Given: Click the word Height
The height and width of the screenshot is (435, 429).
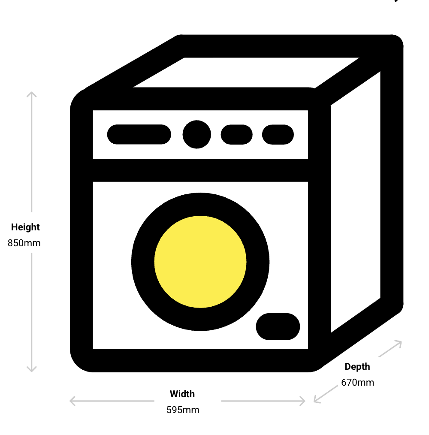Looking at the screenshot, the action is click(x=25, y=227).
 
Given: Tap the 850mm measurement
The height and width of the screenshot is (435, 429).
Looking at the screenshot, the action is click(x=24, y=243).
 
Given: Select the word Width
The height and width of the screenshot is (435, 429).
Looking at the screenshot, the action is click(x=182, y=394).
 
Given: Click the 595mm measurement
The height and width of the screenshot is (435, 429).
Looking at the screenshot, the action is click(x=183, y=410).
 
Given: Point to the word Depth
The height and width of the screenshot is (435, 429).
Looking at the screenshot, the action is click(x=357, y=367).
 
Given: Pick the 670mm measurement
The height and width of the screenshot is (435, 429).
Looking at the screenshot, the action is click(x=357, y=383).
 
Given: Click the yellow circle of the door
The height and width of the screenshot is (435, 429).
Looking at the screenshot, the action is click(x=200, y=262).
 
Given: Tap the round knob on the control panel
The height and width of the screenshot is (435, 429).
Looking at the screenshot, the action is click(x=197, y=134).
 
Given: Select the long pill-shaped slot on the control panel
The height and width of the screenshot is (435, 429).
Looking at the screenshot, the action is click(x=139, y=134).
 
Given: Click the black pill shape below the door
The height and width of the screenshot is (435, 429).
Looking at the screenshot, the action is click(x=278, y=326).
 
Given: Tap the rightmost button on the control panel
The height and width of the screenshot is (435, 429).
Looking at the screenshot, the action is click(x=278, y=135).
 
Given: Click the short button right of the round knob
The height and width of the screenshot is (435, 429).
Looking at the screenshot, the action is click(x=237, y=135).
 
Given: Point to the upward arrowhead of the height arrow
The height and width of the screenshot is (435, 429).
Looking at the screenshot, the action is click(x=32, y=94).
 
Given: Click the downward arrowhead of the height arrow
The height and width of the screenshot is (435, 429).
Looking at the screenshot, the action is click(x=32, y=369).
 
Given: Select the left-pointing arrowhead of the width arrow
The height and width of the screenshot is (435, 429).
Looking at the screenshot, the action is click(x=72, y=401).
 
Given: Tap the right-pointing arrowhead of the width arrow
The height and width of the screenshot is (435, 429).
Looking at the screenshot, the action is click(x=302, y=401).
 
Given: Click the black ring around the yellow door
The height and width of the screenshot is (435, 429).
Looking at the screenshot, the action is click(x=200, y=262).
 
